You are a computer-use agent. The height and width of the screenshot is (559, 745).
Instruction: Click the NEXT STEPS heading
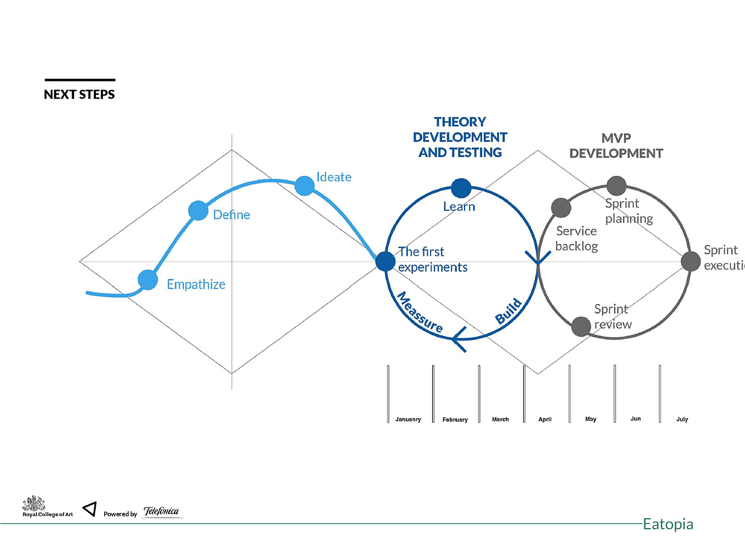tap(79, 94)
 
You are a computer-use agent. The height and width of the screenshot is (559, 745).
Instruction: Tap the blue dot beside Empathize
tap(148, 279)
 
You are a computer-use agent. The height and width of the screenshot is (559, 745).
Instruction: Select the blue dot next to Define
tap(198, 210)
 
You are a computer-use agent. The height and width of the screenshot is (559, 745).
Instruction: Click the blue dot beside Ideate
tap(304, 186)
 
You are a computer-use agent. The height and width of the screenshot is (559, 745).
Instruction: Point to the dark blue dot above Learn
tap(461, 188)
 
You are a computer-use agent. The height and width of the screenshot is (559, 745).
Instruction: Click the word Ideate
tap(334, 177)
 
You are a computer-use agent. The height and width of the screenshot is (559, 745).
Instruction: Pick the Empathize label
tap(196, 284)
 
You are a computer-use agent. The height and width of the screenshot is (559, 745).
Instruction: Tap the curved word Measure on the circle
tap(420, 312)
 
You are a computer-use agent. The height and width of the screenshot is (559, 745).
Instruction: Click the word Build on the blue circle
tap(509, 311)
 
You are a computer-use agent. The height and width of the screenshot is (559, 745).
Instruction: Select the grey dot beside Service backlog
tap(561, 207)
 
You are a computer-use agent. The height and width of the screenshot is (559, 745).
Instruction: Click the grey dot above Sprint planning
tap(616, 186)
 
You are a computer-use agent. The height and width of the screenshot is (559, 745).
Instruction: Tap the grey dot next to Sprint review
tap(581, 327)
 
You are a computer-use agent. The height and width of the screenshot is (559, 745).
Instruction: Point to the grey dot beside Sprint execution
tap(691, 261)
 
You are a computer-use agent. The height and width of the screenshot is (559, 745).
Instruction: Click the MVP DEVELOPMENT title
tap(616, 146)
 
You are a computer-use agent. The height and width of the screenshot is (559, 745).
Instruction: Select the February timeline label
tap(455, 419)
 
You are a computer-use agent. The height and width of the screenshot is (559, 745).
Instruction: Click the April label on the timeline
tap(545, 419)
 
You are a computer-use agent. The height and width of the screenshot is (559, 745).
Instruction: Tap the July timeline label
tap(682, 419)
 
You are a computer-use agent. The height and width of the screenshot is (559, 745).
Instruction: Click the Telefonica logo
tap(161, 511)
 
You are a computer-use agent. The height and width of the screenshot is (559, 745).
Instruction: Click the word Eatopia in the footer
tap(668, 524)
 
